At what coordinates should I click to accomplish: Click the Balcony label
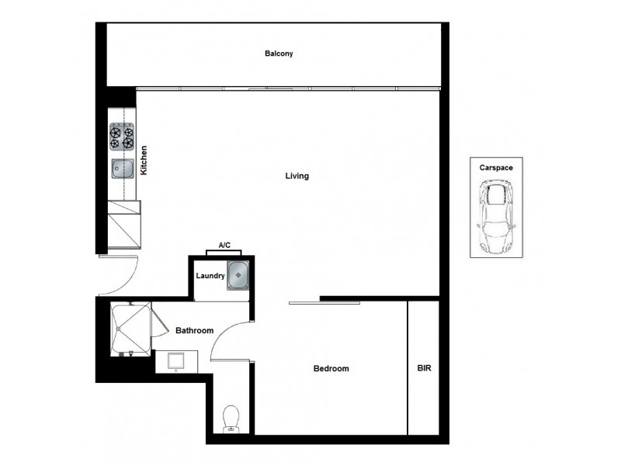pos(279,53)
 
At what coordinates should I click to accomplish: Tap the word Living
pos(297,176)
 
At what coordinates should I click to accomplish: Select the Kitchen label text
pos(144,160)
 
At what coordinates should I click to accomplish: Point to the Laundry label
pos(210,276)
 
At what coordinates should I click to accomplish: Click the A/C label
pos(224,246)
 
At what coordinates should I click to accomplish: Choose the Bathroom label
pos(194,331)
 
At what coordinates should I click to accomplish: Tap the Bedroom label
pos(331,369)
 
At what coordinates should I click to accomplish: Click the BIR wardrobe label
pos(424,369)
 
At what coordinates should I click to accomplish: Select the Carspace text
pos(495,167)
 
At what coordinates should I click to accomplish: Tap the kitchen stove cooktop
pos(123,137)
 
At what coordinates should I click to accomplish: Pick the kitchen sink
pos(122,167)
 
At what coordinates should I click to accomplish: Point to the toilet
pos(231,419)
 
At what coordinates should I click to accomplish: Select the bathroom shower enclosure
pos(130,329)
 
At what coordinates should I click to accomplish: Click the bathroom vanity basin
pos(176,361)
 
